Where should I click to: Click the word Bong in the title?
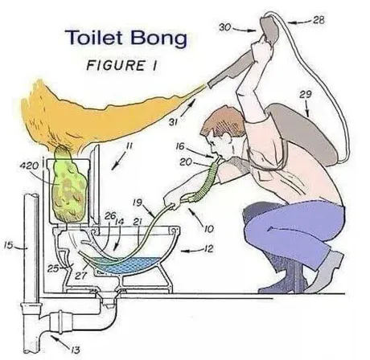click(x=158, y=38)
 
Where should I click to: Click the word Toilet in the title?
click(x=94, y=37)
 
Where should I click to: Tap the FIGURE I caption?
click(x=121, y=66)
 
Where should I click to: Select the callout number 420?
click(x=30, y=166)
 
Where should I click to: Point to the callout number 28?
click(x=319, y=20)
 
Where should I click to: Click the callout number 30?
click(x=225, y=27)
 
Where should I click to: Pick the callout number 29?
click(x=306, y=94)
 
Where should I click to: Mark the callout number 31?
click(x=173, y=122)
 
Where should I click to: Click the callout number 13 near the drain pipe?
click(x=76, y=350)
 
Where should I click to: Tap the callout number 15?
click(x=8, y=245)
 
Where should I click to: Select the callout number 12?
click(x=208, y=249)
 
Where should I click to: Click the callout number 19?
click(x=138, y=202)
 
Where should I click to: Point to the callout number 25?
click(x=53, y=268)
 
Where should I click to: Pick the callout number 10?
click(x=208, y=229)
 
